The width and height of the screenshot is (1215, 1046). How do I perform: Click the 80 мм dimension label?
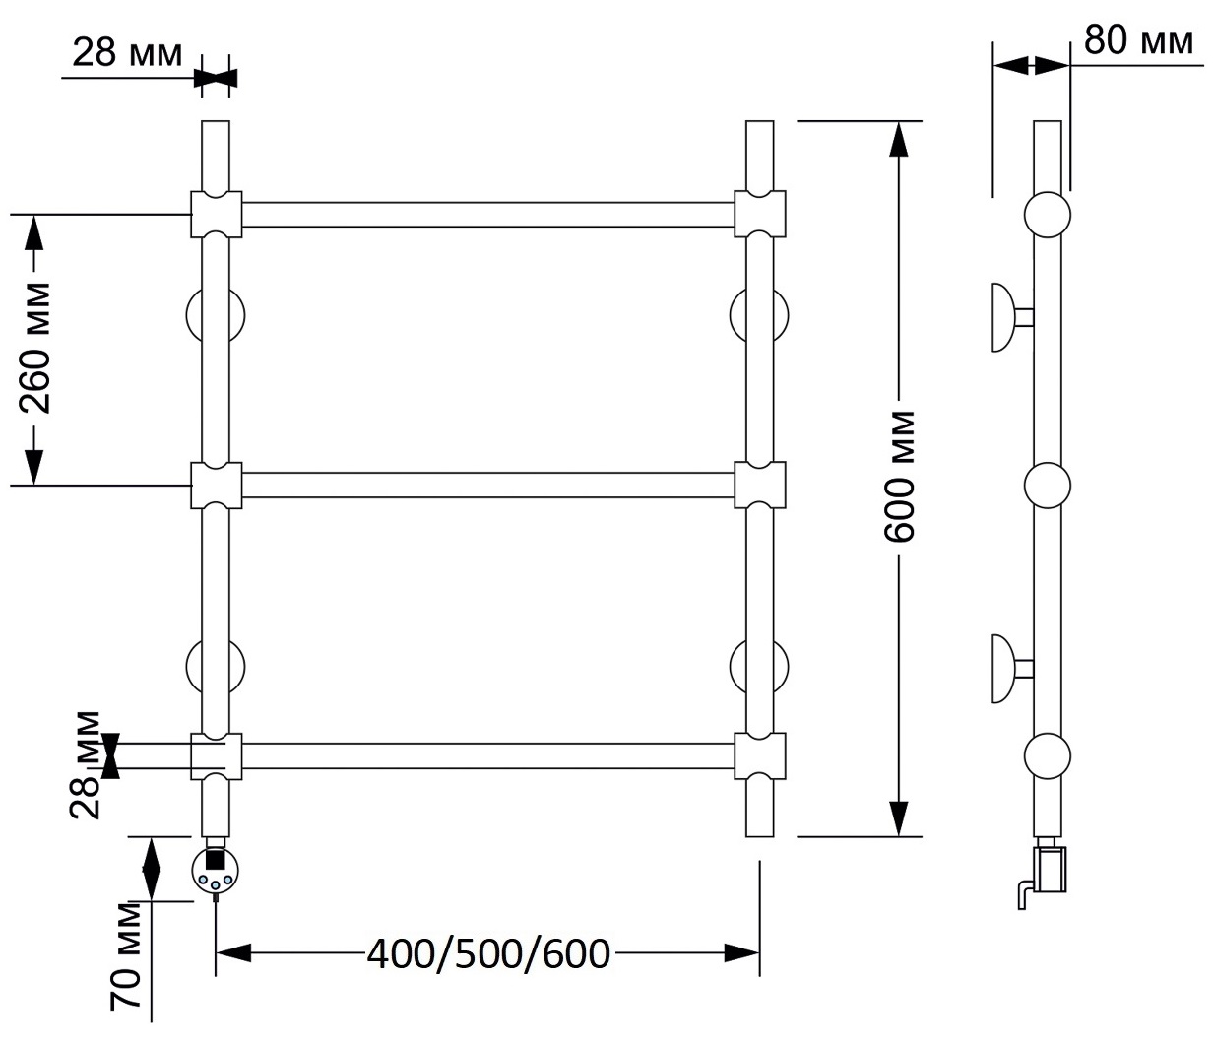click(1138, 40)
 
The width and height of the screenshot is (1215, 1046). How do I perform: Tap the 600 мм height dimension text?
click(899, 476)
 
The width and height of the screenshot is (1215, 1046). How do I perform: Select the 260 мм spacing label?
click(34, 348)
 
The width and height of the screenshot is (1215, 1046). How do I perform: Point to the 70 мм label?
click(126, 954)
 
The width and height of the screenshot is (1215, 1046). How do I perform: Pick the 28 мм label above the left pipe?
click(127, 53)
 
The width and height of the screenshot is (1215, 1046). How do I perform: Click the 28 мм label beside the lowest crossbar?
click(86, 765)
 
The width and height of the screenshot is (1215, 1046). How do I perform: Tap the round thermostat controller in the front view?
click(216, 871)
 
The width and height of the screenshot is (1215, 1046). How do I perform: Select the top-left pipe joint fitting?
click(217, 215)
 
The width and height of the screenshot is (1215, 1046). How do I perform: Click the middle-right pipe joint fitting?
click(760, 485)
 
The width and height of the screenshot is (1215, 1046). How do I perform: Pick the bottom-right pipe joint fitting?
click(760, 756)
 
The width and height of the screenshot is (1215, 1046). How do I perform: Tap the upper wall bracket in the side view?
click(1011, 317)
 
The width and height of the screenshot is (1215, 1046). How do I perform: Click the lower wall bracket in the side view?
click(1011, 669)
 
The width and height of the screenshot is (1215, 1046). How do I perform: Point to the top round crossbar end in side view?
click(1048, 215)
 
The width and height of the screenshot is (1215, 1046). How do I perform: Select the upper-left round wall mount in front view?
click(216, 316)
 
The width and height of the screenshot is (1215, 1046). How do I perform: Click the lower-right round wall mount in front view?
click(759, 667)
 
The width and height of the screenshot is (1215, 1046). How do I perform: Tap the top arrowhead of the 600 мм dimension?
click(899, 139)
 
